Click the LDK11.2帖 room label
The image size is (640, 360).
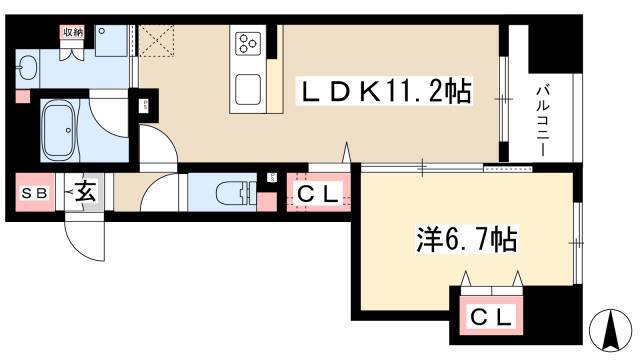(387, 93)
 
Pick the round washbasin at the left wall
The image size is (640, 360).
(27, 68)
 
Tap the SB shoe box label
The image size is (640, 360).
(35, 192)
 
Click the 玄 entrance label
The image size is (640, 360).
(87, 191)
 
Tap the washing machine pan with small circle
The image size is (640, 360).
(112, 41)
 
